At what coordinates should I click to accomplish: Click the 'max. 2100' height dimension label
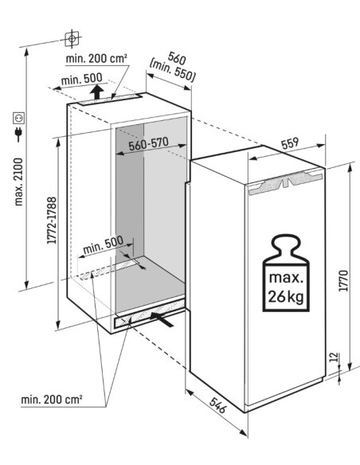click(x=18, y=182)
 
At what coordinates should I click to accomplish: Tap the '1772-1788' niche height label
click(x=52, y=221)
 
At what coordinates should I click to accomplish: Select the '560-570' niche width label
click(x=148, y=144)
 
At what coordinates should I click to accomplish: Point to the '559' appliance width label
click(x=289, y=143)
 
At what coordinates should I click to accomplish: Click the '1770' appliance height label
click(x=343, y=280)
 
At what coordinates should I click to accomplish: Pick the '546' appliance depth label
click(x=217, y=405)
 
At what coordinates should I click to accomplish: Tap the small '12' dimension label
click(x=334, y=357)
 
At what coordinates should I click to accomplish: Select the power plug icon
click(x=18, y=135)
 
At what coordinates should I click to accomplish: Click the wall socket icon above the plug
click(x=18, y=118)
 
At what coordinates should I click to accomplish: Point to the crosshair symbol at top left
click(x=72, y=38)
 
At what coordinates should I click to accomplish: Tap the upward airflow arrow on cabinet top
click(x=96, y=92)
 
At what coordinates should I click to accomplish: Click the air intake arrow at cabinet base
click(x=162, y=319)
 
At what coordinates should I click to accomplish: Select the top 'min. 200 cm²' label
click(x=96, y=58)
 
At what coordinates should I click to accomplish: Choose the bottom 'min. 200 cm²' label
click(x=52, y=400)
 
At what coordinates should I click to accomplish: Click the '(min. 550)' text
click(x=173, y=72)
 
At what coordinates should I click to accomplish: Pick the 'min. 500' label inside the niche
click(x=103, y=244)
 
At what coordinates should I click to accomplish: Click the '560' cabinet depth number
click(x=177, y=58)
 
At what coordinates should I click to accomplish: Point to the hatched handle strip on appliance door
click(x=285, y=182)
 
